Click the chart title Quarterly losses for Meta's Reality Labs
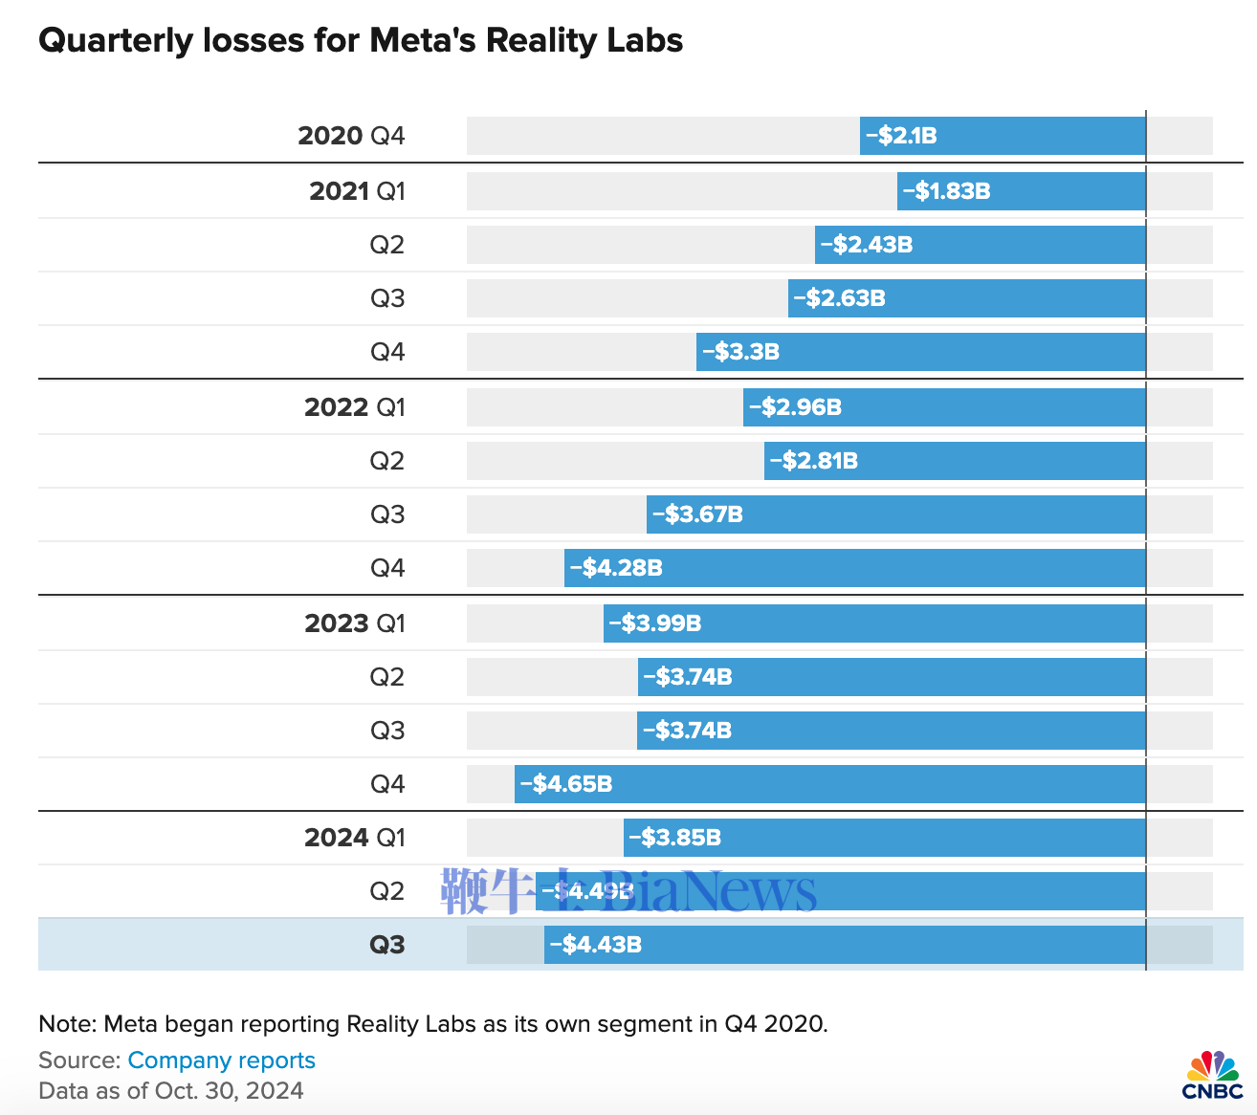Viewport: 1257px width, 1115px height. pyautogui.click(x=361, y=40)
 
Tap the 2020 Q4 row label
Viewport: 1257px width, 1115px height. pyautogui.click(x=351, y=136)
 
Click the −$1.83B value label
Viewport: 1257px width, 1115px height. pyautogui.click(x=946, y=191)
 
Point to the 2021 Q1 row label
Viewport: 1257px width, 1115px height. pyautogui.click(x=357, y=191)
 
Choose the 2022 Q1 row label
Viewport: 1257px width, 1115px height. pyautogui.click(x=355, y=407)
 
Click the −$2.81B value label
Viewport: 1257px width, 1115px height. pyautogui.click(x=813, y=461)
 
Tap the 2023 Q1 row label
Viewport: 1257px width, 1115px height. pyautogui.click(x=355, y=623)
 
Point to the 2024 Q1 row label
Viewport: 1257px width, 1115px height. pyautogui.click(x=355, y=838)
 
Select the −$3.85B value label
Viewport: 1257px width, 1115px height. pyautogui.click(x=674, y=838)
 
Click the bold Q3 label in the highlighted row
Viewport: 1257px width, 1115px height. pyautogui.click(x=387, y=945)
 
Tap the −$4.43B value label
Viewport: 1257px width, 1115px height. pyautogui.click(x=595, y=945)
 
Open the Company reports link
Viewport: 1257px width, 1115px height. pyautogui.click(x=221, y=1060)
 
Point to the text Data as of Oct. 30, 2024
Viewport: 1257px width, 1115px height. pyautogui.click(x=171, y=1091)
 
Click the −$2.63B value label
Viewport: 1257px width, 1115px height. pyautogui.click(x=839, y=298)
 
